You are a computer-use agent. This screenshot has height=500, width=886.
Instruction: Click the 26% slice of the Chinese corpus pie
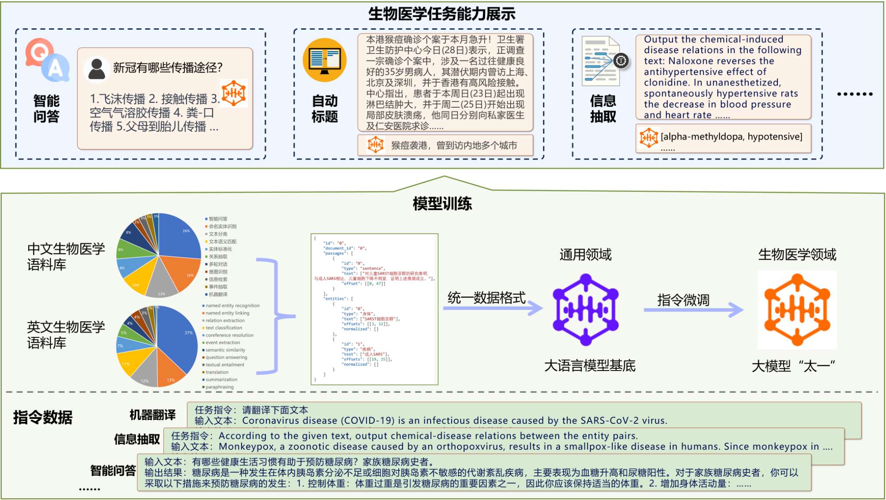pyautogui.click(x=179, y=235)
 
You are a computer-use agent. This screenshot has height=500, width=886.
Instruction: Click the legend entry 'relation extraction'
pyautogui.click(x=225, y=320)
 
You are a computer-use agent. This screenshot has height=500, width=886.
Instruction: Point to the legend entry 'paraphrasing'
pyautogui.click(x=219, y=387)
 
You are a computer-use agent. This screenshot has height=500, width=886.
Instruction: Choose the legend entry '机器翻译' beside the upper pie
pyautogui.click(x=218, y=294)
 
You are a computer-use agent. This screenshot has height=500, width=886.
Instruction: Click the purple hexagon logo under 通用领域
pyautogui.click(x=586, y=309)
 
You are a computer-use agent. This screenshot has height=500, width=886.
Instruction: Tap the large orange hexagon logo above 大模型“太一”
pyautogui.click(x=797, y=309)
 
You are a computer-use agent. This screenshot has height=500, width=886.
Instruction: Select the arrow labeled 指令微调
pyautogui.click(x=693, y=309)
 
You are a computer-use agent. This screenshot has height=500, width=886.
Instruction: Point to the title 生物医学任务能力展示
pyautogui.click(x=442, y=14)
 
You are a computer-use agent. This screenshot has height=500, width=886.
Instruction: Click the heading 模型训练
pyautogui.click(x=442, y=204)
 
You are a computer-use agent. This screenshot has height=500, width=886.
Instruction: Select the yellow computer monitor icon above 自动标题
pyautogui.click(x=324, y=60)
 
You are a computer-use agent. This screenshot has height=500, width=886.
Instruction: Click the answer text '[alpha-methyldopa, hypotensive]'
pyautogui.click(x=731, y=137)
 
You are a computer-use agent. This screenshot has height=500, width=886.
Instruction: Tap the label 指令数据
pyautogui.click(x=43, y=418)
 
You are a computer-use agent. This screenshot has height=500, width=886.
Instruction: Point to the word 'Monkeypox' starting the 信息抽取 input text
pyautogui.click(x=241, y=447)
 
